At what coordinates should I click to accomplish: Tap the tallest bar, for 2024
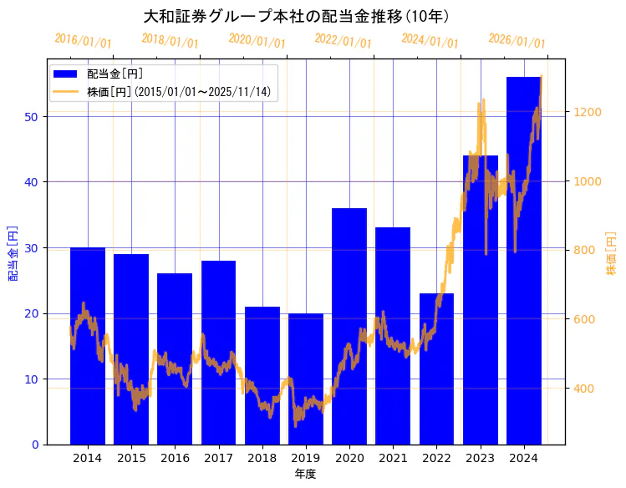[524, 260]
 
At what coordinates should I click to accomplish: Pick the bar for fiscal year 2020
[349, 326]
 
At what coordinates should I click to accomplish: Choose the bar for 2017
[218, 352]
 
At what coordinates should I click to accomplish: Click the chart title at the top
[297, 16]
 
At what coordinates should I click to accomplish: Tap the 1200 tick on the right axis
[586, 112]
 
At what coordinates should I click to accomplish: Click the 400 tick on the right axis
[583, 389]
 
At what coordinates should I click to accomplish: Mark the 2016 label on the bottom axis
[175, 458]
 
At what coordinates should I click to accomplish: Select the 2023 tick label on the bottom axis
[480, 458]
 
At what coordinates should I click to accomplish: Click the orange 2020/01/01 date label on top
[257, 40]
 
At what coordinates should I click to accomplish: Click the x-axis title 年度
[305, 474]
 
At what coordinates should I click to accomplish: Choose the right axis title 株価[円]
[611, 255]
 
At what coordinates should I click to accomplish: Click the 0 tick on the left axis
[36, 445]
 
